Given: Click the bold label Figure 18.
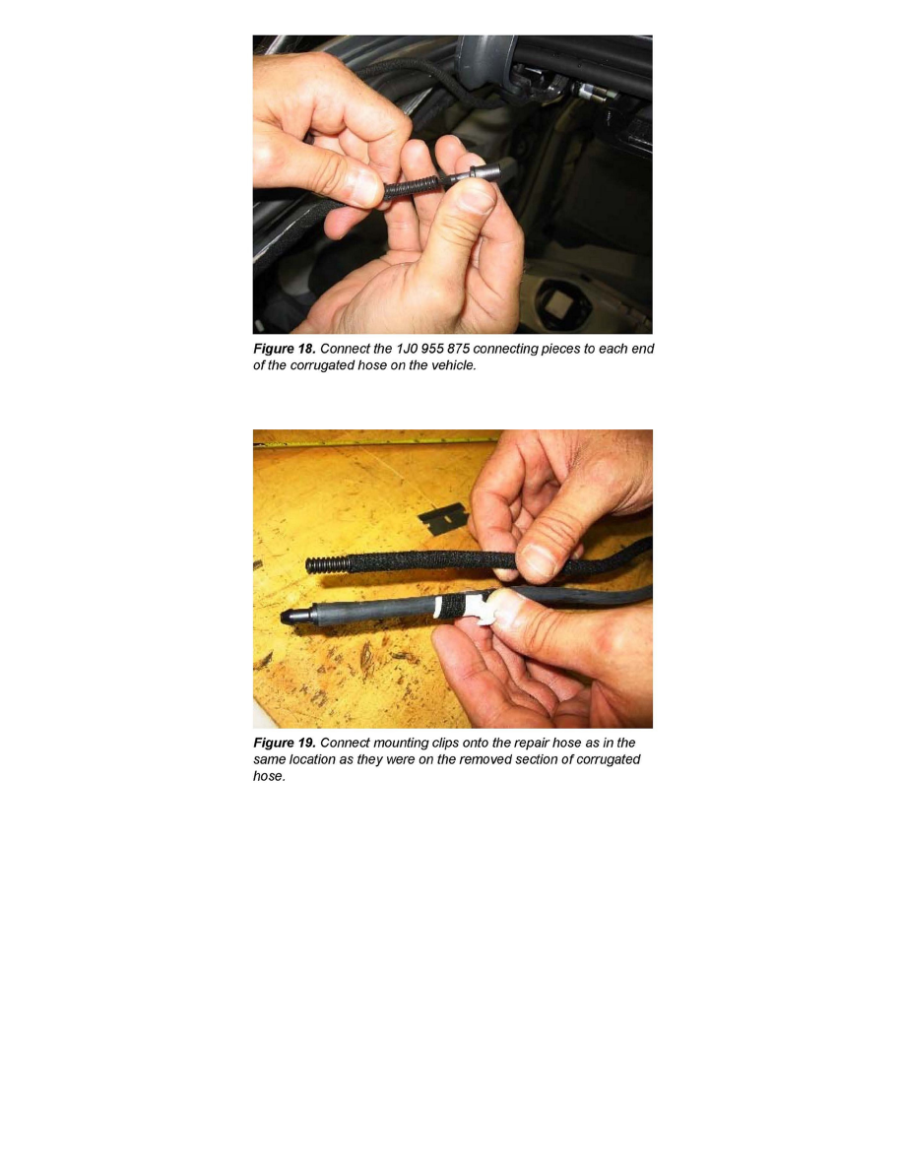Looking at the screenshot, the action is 285,349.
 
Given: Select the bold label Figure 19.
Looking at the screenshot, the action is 285,743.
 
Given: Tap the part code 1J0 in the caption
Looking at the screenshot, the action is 407,349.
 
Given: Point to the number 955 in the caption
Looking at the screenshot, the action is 432,349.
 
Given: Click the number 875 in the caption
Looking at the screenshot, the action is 458,349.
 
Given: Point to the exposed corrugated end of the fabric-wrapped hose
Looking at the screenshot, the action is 328,565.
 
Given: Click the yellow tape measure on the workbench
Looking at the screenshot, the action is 373,443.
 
